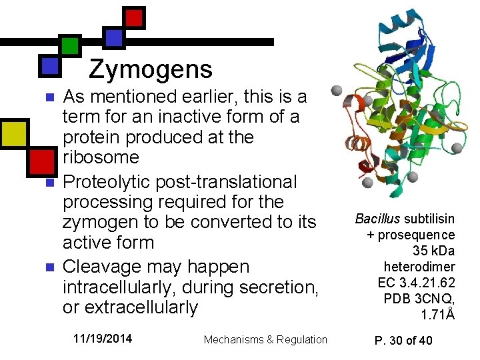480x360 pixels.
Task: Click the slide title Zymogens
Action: [x=151, y=69]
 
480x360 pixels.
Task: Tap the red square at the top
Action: [x=134, y=18]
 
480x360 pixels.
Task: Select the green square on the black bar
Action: [x=70, y=45]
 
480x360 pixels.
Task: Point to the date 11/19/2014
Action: [x=103, y=339]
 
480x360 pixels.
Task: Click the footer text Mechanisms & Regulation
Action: [x=265, y=339]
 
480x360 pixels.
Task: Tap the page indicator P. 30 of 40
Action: [x=403, y=340]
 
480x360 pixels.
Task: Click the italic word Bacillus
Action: [x=377, y=219]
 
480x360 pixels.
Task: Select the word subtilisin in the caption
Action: [x=429, y=219]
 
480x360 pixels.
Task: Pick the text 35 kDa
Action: [x=434, y=251]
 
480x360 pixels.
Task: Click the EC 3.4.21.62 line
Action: [x=416, y=283]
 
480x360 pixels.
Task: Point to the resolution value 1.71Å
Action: [x=438, y=315]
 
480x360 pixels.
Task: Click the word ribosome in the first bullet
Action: [x=101, y=158]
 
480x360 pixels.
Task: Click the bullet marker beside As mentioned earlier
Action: [x=47, y=98]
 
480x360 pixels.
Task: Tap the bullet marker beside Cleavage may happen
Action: [x=47, y=267]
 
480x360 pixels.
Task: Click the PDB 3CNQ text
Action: [x=419, y=299]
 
